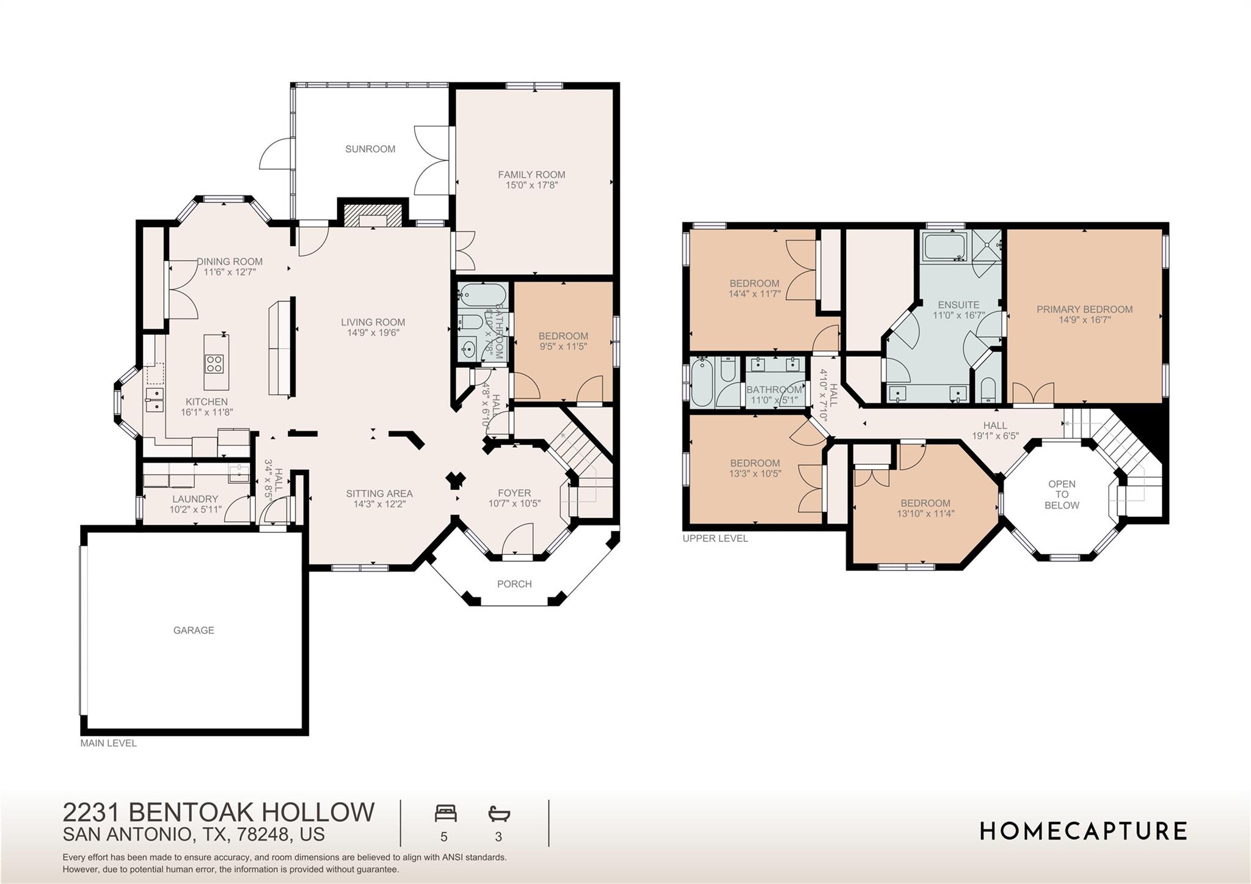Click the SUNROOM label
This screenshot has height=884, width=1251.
(370, 149)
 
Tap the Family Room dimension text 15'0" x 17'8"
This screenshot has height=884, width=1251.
(531, 185)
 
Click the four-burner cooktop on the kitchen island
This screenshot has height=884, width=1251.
(214, 363)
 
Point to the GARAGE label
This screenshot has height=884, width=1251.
(194, 630)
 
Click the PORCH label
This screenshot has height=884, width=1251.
(514, 584)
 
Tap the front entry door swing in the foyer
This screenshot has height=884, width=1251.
(518, 540)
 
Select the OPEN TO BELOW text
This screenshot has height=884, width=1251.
(1062, 495)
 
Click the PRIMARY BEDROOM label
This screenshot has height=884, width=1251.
(1084, 310)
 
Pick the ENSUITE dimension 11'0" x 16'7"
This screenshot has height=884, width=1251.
(958, 316)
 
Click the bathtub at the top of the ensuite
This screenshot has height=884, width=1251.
(944, 247)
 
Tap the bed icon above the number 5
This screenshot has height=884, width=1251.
(445, 814)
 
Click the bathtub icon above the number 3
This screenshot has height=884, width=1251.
(499, 814)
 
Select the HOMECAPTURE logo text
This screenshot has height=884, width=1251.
(1084, 831)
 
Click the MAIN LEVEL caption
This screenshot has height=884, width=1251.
(109, 743)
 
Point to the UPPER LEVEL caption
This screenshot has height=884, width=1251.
(715, 539)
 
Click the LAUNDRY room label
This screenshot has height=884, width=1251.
(195, 499)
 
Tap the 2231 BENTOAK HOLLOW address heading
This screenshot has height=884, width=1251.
(219, 813)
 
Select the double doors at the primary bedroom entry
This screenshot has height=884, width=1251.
(1034, 393)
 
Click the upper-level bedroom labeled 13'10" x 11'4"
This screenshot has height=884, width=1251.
(925, 508)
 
